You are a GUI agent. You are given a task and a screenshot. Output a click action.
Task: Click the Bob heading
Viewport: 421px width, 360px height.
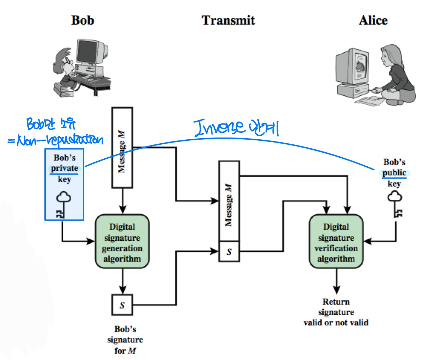[x=82, y=20]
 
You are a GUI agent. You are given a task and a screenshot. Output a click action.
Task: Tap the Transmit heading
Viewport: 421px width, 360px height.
[x=228, y=20]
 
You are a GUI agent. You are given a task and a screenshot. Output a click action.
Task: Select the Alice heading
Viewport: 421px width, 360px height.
[x=373, y=20]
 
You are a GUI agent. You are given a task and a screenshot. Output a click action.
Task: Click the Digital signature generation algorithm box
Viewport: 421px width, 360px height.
[x=122, y=241]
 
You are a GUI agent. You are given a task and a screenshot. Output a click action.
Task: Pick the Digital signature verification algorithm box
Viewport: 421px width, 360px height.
[x=336, y=241]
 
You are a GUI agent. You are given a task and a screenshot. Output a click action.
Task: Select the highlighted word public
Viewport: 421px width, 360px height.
[x=394, y=173]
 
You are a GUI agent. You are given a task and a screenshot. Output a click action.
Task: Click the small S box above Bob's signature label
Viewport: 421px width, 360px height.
[x=122, y=305]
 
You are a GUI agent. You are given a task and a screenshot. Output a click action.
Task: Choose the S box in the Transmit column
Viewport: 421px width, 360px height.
[x=229, y=252]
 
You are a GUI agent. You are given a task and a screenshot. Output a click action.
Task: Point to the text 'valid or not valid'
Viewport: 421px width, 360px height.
[x=336, y=322]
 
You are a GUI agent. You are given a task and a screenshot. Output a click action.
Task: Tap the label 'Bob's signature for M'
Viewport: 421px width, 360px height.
[x=129, y=339]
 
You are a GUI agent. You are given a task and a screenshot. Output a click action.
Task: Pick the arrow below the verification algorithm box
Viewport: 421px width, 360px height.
[x=336, y=283]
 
